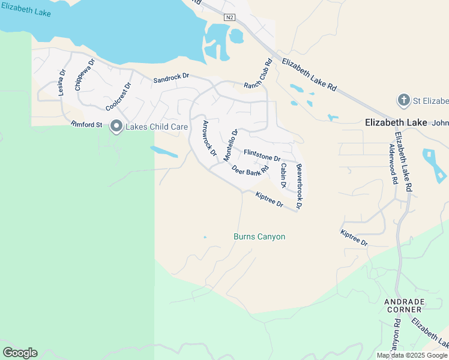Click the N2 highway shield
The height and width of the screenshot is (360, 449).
pos(229,17)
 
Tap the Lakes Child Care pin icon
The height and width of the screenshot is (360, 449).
pos(116,126)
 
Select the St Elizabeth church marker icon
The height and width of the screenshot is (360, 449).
pos(405,99)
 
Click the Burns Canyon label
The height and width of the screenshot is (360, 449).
pos(259,237)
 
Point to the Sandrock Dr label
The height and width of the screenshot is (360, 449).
pos(171,78)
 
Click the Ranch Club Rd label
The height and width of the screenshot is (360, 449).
pos(258,75)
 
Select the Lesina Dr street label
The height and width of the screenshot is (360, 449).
pos(62,83)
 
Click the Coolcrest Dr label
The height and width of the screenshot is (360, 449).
pos(118,97)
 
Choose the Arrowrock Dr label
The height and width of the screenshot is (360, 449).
pos(209,139)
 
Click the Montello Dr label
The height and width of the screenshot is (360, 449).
pos(231,145)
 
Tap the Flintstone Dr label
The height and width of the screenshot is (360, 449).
pos(262,155)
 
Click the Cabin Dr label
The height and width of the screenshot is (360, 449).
pos(283,175)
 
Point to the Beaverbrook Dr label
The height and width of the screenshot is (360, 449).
pos(299,186)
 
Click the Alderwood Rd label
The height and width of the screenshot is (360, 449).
pos(393,163)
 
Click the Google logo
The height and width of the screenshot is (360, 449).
pos(20,353)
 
